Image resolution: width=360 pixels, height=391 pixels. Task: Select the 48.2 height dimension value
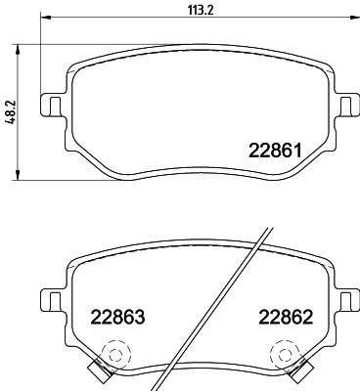[10, 112]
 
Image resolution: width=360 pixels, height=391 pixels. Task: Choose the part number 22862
[286, 317]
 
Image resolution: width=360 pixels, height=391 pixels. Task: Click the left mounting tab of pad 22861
[51, 104]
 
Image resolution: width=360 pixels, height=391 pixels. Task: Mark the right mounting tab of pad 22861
[346, 104]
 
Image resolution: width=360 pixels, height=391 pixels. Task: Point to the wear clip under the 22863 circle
[98, 369]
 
